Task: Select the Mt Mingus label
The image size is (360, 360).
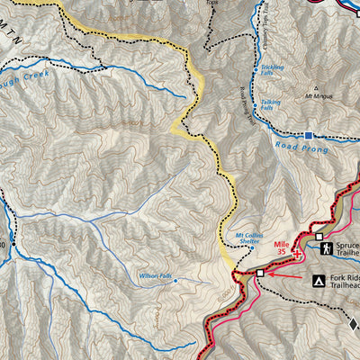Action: pos(318,94)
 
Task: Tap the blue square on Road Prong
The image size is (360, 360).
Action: pos(308,136)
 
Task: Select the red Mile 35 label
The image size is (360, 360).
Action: pos(286,247)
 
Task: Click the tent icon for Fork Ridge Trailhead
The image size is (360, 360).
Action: pos(319,281)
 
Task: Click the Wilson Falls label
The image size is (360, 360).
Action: pos(155,275)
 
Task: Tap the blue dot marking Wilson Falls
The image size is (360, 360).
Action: pos(175,281)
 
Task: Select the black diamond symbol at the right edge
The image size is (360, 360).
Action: pos(354,324)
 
